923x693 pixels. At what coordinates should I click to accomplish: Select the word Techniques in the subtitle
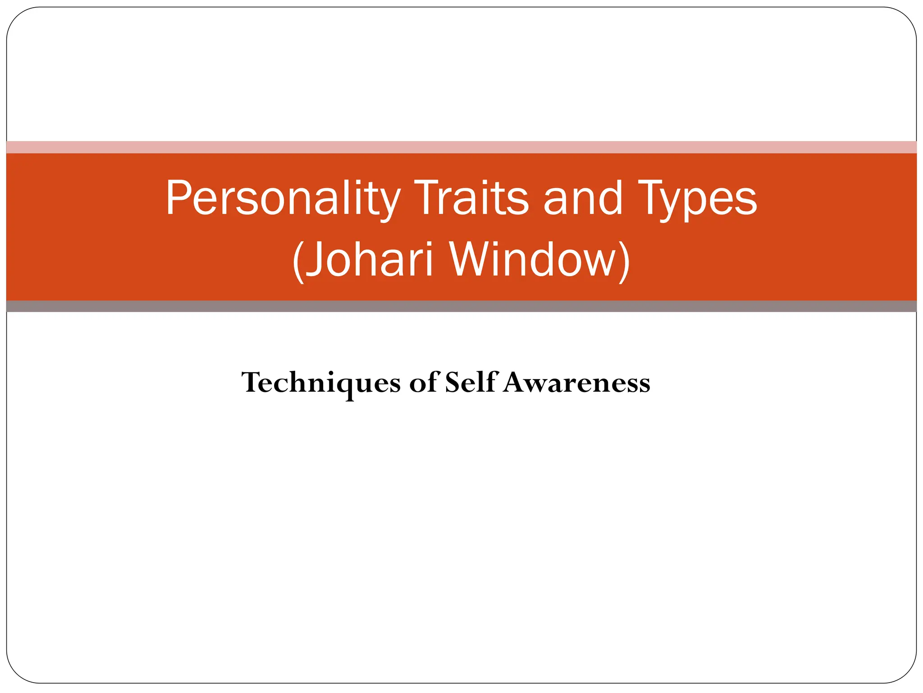pyautogui.click(x=320, y=383)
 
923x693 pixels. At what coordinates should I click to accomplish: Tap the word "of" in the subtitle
pyautogui.click(x=423, y=383)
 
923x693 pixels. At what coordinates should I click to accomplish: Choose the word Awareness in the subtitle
pyautogui.click(x=576, y=383)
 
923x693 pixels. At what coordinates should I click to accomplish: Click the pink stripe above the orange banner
pyautogui.click(x=461, y=147)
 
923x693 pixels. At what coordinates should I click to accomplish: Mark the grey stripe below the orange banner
pyautogui.click(x=461, y=306)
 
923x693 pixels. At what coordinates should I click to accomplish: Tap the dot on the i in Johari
pyautogui.click(x=429, y=244)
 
